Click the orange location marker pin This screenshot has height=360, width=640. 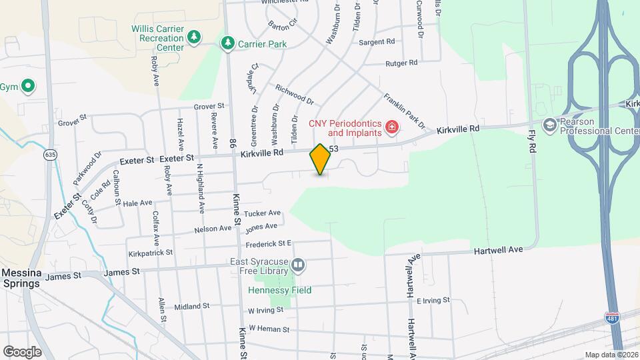[x=320, y=159]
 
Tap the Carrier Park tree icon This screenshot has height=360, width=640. [x=227, y=43]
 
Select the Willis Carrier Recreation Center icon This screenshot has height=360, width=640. [x=194, y=37]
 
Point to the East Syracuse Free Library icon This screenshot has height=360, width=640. [x=299, y=267]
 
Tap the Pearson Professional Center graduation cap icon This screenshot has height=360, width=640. [x=549, y=125]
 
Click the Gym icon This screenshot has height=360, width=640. [x=28, y=86]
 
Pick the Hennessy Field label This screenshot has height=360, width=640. [x=280, y=290]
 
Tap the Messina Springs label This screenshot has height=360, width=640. [x=21, y=278]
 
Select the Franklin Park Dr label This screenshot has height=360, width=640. [x=404, y=111]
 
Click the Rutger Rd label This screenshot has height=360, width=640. [x=401, y=63]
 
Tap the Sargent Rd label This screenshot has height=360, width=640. [x=377, y=42]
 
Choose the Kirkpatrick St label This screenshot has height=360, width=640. [x=151, y=253]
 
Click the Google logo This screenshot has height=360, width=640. [x=22, y=351]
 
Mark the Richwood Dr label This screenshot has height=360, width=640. [x=294, y=95]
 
